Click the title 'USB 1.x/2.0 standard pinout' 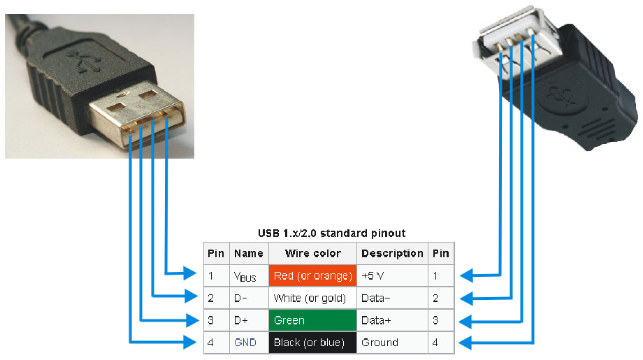pos(331,233)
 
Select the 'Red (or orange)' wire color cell pos(312,276)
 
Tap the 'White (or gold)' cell pos(312,298)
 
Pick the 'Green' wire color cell pos(312,321)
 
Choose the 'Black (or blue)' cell pos(312,343)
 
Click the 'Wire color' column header pos(312,253)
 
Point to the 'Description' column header pos(392,253)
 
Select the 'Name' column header pos(249,253)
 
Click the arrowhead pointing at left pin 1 pos(190,273)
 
